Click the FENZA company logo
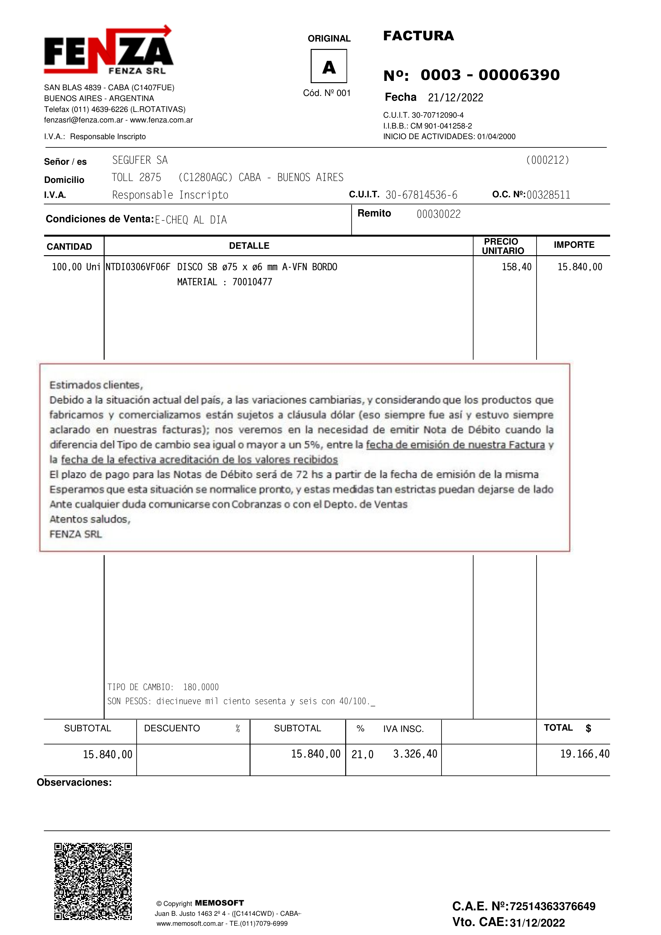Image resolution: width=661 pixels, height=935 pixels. [x=108, y=51]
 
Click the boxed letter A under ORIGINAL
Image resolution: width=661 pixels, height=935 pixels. [x=329, y=67]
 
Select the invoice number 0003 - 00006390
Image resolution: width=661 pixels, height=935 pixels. [x=490, y=75]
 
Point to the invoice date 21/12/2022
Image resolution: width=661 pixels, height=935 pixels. [x=455, y=98]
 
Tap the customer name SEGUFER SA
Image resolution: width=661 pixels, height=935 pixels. [x=140, y=160]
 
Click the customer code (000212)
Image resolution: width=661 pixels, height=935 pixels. [x=547, y=160]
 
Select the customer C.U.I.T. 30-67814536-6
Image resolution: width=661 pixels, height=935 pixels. [x=421, y=195]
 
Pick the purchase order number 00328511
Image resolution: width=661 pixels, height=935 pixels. [x=548, y=195]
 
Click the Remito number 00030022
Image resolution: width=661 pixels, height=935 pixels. [x=439, y=214]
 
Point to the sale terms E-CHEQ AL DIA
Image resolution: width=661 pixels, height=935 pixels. [x=191, y=220]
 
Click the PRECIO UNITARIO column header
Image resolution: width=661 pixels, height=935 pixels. [x=503, y=246]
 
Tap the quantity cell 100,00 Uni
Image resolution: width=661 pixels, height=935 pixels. [x=76, y=267]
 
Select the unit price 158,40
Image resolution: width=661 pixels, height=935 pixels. [x=516, y=267]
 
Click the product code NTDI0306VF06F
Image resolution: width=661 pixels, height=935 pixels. [x=138, y=267]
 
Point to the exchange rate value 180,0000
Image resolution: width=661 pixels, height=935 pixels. [x=201, y=687]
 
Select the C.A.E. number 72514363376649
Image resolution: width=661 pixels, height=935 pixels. [x=552, y=906]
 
